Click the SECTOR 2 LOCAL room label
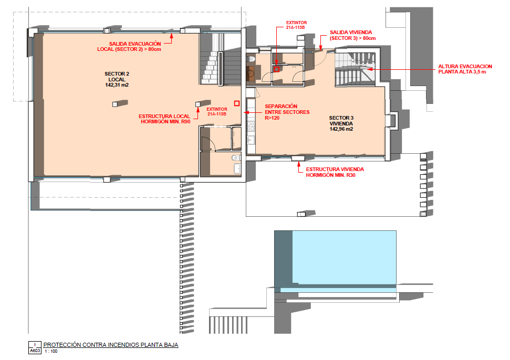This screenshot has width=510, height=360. (117, 77)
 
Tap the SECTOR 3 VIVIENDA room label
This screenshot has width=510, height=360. (341, 121)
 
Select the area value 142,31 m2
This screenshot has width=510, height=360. (117, 85)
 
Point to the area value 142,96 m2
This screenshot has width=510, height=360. (341, 129)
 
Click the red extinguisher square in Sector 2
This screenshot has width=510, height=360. (237, 103)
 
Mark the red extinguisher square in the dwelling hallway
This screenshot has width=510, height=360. (276, 69)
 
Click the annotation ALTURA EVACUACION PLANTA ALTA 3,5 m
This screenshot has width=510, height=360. (465, 69)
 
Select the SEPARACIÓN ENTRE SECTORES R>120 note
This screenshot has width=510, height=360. (287, 112)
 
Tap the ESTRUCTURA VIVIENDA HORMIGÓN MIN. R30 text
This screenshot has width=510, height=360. (335, 172)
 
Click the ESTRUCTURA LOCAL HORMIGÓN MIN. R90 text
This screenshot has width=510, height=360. (164, 119)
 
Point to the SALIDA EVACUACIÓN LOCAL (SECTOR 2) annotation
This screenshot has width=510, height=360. (129, 47)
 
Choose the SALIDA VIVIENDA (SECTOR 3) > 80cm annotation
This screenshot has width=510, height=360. (352, 35)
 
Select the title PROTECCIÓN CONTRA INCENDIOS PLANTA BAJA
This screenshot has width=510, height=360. (111, 345)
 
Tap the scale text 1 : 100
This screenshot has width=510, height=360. (51, 351)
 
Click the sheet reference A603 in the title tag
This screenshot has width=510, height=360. (35, 351)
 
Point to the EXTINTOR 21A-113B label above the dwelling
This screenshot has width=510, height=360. (296, 25)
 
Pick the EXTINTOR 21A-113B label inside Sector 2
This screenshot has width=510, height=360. (216, 111)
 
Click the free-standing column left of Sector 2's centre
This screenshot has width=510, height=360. (115, 104)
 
